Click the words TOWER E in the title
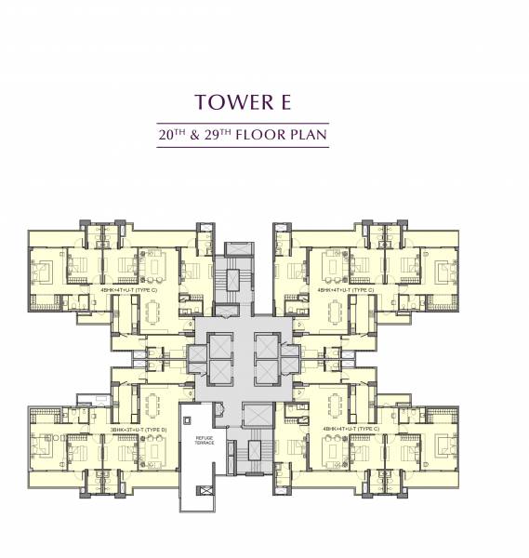click(263, 100)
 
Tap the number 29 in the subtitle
click(222, 136)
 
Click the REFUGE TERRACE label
click(205, 441)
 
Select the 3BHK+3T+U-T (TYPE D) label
click(139, 429)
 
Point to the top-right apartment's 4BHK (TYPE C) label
click(345, 289)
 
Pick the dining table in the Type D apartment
click(150, 404)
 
